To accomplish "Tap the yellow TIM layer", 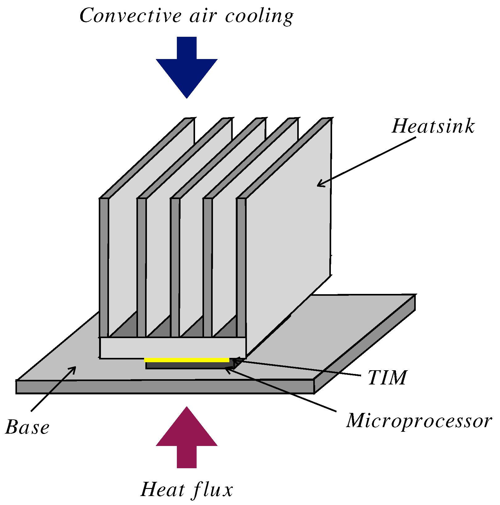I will click(187, 360).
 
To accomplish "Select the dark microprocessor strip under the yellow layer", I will click(188, 366).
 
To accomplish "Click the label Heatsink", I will click(433, 126).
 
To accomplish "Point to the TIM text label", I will click(387, 378).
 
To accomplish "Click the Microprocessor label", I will click(419, 421).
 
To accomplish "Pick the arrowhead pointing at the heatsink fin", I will click(320, 184).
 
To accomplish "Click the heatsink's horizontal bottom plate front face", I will click(173, 348).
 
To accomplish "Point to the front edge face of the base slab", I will click(165, 387).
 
